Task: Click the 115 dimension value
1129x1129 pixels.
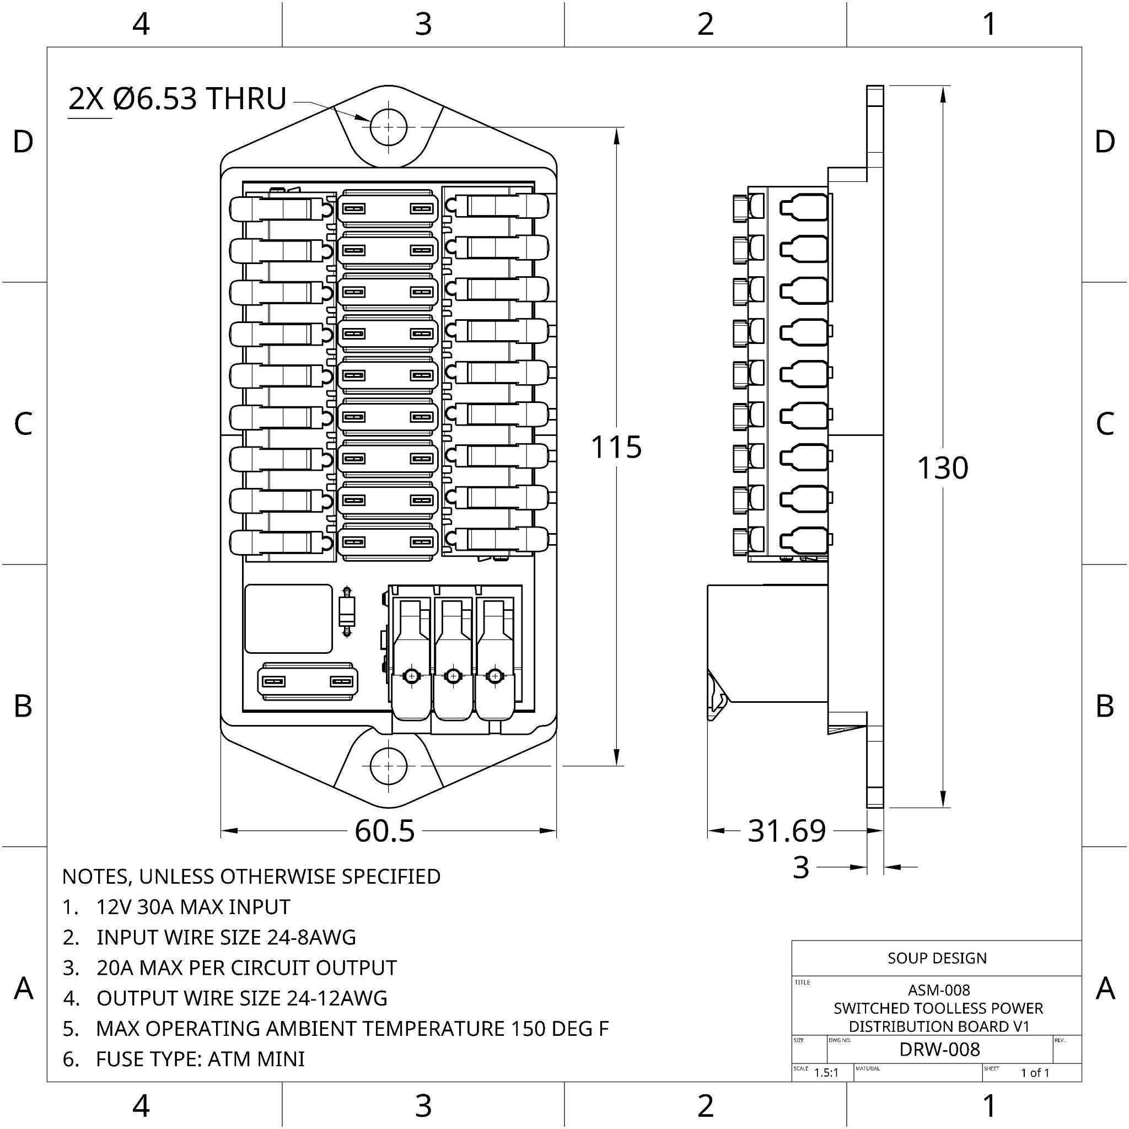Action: (616, 448)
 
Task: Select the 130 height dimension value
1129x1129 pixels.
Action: (942, 468)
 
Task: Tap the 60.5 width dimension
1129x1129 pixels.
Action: (385, 830)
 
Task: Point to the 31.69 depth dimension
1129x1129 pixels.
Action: (787, 830)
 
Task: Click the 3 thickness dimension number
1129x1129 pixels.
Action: (800, 868)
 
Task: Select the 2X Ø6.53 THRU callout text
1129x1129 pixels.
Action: (177, 99)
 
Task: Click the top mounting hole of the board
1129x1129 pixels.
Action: (389, 127)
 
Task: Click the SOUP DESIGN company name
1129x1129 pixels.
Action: (937, 958)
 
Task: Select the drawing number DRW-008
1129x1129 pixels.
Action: (939, 1050)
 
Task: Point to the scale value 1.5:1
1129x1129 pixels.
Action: (826, 1073)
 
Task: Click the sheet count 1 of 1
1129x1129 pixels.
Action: (1035, 1073)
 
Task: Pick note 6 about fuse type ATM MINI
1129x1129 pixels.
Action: (200, 1059)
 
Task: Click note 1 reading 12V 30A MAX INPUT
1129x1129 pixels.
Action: (193, 907)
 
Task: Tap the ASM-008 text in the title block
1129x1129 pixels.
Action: (938, 991)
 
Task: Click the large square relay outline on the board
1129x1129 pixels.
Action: (289, 619)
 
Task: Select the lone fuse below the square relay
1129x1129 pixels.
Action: (308, 681)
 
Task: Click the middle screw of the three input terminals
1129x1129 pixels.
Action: (454, 676)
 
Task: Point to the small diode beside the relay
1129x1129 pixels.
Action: (347, 611)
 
